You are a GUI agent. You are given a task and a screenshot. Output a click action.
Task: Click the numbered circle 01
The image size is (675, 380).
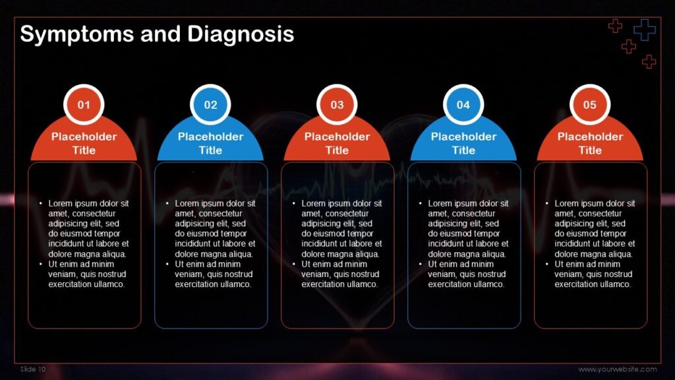[84, 105]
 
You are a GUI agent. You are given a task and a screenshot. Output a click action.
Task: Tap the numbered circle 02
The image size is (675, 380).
[210, 105]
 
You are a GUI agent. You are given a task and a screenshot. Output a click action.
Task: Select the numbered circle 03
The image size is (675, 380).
[337, 105]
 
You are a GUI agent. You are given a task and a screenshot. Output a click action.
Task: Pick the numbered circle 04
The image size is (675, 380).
[463, 105]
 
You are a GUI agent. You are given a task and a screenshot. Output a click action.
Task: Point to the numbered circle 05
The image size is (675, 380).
[590, 105]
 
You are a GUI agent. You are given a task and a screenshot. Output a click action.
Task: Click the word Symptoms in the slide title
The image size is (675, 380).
[77, 34]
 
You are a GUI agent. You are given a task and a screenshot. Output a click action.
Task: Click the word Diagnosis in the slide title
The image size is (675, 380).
[241, 34]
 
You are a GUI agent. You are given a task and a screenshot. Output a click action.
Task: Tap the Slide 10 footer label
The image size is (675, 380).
[33, 369]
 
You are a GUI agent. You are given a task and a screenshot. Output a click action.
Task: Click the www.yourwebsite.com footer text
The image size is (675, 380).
[618, 369]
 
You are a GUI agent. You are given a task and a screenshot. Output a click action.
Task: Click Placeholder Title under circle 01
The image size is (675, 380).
[84, 143]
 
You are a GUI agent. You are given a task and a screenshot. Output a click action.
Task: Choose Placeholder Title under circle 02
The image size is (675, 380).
[210, 143]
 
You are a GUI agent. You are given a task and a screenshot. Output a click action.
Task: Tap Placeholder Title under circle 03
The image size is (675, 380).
[337, 143]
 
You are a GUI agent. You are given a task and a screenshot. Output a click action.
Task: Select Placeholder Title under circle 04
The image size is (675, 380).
[463, 143]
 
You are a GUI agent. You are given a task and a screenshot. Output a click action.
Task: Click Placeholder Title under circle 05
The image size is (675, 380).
[590, 143]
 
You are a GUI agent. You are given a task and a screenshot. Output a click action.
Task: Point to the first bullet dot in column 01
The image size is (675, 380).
[41, 204]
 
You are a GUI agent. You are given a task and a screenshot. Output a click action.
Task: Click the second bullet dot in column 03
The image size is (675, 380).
[294, 265]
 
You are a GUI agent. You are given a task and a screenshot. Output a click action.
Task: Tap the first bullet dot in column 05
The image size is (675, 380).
[547, 204]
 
